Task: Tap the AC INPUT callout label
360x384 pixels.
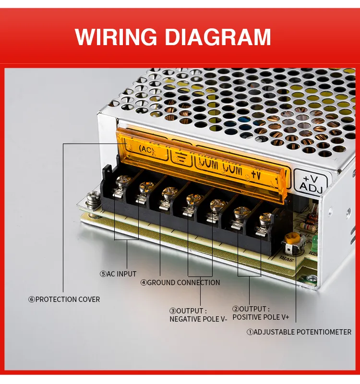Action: click(121, 274)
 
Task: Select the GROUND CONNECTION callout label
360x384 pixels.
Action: click(183, 283)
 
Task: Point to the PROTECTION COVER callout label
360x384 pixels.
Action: click(68, 300)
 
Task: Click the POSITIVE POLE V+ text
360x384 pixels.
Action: click(261, 317)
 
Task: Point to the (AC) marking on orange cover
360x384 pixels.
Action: click(146, 150)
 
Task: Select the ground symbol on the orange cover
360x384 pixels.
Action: click(182, 156)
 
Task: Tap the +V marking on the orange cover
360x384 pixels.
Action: click(255, 174)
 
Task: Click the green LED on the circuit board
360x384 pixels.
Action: click(315, 240)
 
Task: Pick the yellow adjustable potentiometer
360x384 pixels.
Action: click(291, 239)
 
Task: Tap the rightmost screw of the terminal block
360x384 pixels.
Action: click(264, 219)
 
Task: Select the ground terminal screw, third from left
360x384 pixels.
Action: click(168, 193)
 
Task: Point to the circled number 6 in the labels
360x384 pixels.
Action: click(32, 300)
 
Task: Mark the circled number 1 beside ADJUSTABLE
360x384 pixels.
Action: click(250, 332)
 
